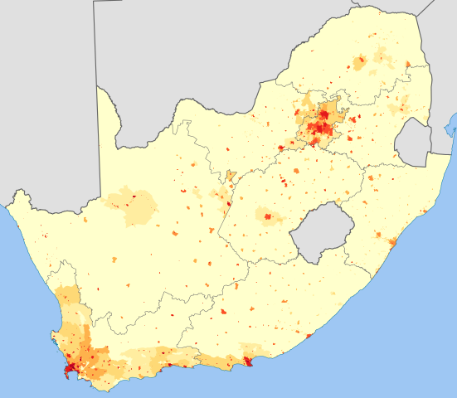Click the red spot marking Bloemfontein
pyautogui.click(x=268, y=217)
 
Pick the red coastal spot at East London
pyautogui.click(x=309, y=336)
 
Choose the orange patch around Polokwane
pyautogui.click(x=359, y=62)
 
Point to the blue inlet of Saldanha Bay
pyautogui.click(x=52, y=337)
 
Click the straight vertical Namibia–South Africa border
pyautogui.click(x=99, y=141)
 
